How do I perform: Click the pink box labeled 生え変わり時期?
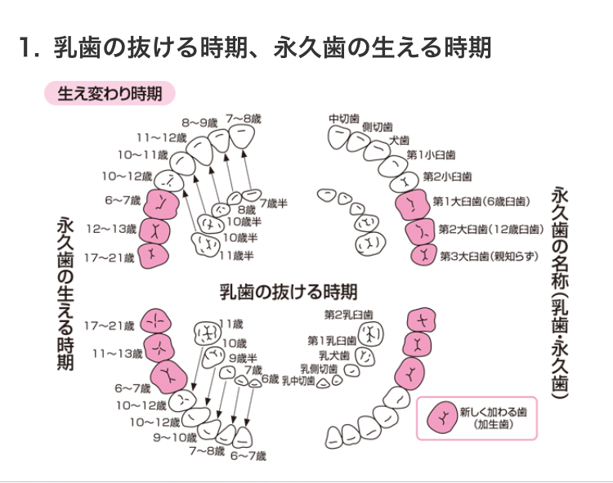(x=110, y=94)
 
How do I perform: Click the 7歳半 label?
(x=273, y=203)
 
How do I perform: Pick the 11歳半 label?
(x=237, y=256)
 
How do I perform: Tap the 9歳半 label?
(x=243, y=358)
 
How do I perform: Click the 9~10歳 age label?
(x=176, y=437)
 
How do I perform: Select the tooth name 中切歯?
(x=344, y=119)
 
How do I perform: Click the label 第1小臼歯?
(x=432, y=154)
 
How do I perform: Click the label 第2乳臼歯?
(x=348, y=315)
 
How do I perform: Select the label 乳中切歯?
(x=299, y=380)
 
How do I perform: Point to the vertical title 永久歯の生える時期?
(x=66, y=293)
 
